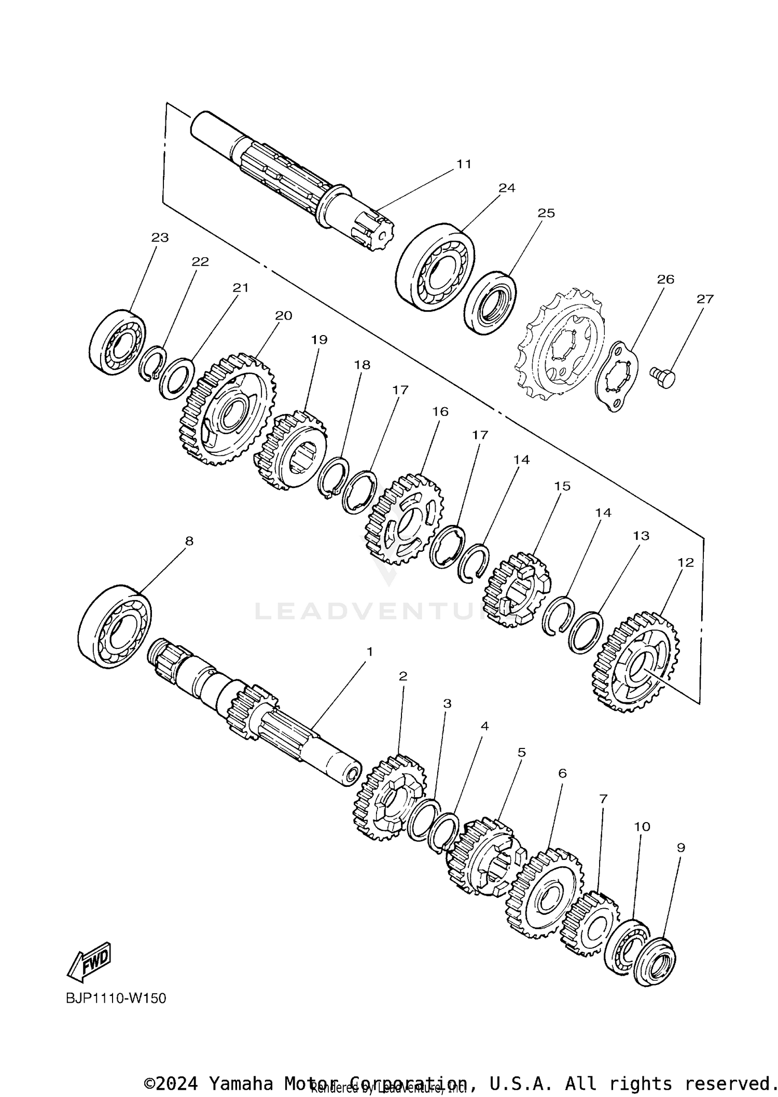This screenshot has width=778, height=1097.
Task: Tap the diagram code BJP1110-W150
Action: click(116, 998)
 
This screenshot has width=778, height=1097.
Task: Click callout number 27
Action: click(705, 299)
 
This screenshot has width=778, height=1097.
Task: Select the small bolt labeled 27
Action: click(663, 377)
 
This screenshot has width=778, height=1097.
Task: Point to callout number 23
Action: click(160, 238)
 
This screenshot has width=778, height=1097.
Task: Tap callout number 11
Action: click(464, 164)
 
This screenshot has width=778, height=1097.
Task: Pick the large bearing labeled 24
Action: click(436, 268)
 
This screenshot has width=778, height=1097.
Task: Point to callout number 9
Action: click(680, 848)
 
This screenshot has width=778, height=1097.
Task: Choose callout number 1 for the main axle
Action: click(370, 651)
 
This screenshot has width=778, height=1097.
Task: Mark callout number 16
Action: click(440, 411)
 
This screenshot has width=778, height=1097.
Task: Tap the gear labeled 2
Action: click(390, 798)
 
